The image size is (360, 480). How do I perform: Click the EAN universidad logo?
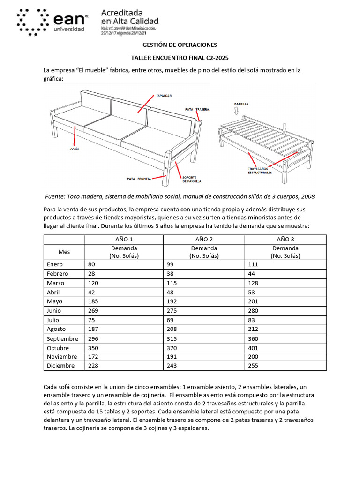[x=52, y=22]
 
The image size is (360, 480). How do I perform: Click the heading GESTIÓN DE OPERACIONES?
[x=180, y=45]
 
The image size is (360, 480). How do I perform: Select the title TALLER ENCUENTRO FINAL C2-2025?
[x=180, y=58]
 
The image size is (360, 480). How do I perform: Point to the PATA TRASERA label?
[x=197, y=109]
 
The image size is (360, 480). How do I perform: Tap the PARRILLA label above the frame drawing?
[x=241, y=104]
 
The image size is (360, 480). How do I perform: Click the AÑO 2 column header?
[x=204, y=240]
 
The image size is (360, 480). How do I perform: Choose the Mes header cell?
[x=64, y=252]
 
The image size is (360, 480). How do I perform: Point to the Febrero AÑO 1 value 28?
[x=91, y=274]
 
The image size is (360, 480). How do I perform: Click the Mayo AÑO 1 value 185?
[x=93, y=301]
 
